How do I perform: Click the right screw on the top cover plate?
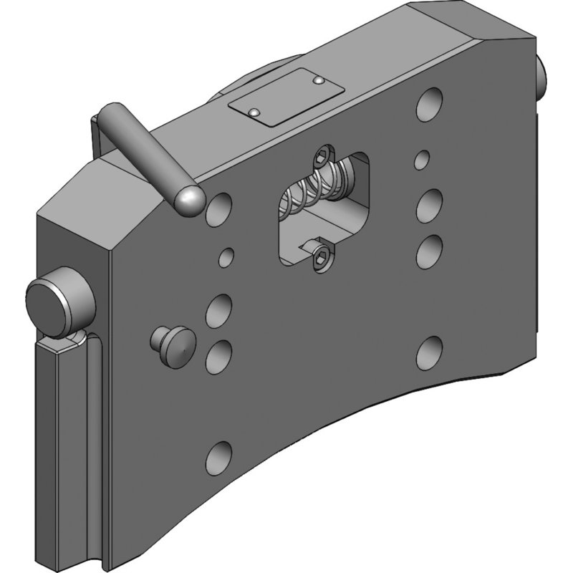coord(317,82)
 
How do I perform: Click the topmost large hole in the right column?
coord(431,102)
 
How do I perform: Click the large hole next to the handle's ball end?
coord(219,208)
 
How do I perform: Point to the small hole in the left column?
coord(228,255)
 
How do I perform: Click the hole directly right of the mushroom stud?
coord(220,355)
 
